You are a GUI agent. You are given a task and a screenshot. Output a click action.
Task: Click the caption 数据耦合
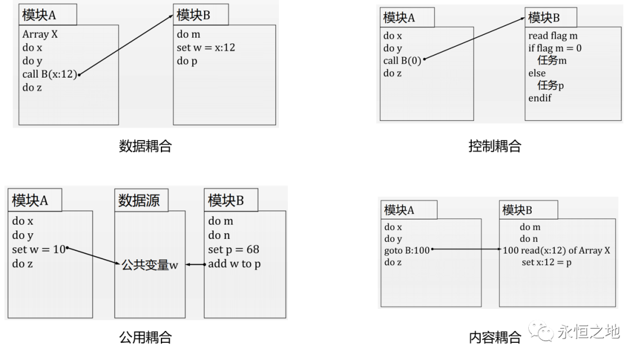(145, 146)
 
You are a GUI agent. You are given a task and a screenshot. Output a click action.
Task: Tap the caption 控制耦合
(494, 146)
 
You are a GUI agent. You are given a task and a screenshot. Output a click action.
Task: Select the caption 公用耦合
(145, 337)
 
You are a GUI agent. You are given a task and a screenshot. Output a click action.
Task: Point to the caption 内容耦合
(494, 337)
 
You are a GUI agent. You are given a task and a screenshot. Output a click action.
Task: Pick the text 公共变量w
(150, 265)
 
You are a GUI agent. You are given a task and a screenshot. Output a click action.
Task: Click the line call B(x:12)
(49, 74)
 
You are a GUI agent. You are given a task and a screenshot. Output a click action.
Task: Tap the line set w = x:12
(205, 47)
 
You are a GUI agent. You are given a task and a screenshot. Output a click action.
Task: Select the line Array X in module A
(40, 34)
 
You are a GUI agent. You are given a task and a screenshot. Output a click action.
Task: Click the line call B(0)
(402, 60)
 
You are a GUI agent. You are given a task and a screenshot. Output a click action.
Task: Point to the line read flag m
(553, 36)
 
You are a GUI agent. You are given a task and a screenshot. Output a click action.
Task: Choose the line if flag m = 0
(555, 48)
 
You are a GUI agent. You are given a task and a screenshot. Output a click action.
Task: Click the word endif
(540, 98)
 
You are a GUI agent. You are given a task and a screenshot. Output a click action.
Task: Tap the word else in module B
(537, 74)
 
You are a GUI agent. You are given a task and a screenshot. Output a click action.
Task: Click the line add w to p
(234, 264)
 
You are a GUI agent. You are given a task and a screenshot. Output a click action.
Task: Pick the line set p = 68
(233, 249)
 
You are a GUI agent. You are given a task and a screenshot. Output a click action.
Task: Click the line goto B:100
(407, 250)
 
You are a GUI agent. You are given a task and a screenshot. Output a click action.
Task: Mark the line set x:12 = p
(546, 262)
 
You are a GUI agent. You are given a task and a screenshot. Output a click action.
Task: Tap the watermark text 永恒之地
(588, 332)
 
